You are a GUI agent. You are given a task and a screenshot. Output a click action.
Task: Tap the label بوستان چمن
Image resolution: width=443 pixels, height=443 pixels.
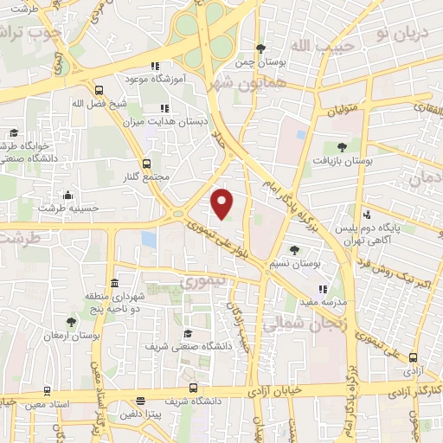coord(261,62)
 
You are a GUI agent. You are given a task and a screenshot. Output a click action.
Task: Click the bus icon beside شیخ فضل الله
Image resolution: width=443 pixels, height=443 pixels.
coord(98,90)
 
